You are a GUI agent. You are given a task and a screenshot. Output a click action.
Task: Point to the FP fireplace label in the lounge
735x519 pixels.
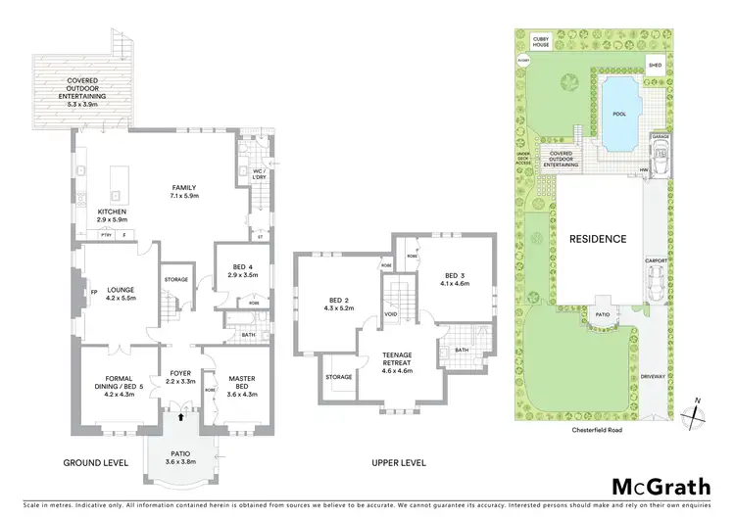point(82,292)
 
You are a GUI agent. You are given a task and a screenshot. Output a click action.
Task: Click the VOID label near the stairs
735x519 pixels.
point(391,315)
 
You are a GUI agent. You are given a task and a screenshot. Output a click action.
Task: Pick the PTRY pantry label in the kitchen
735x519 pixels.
point(106,235)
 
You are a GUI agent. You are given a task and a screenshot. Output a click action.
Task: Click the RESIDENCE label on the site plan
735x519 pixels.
point(598,238)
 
